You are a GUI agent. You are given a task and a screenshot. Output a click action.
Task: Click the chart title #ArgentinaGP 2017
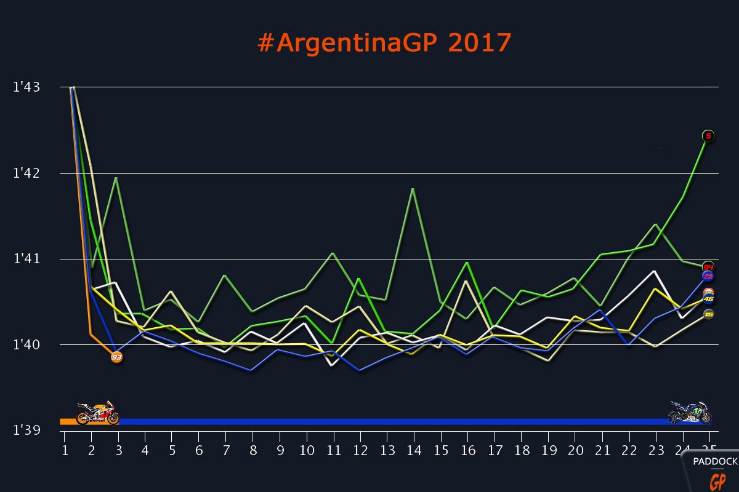(x=384, y=43)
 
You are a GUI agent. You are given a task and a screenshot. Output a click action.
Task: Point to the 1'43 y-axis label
(x=26, y=87)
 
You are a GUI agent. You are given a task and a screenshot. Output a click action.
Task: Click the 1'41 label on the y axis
(x=26, y=259)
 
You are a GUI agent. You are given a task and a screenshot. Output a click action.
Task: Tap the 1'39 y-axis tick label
(x=26, y=430)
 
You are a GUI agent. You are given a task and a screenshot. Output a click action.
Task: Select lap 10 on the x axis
(x=306, y=450)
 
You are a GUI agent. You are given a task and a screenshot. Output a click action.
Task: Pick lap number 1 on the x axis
(x=64, y=450)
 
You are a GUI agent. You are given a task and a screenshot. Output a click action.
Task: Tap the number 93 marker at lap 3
(x=116, y=357)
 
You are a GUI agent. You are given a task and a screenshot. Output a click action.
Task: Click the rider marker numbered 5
(x=708, y=136)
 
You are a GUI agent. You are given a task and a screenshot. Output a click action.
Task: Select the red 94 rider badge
(x=708, y=267)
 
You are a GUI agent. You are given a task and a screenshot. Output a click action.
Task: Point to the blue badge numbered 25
(x=708, y=276)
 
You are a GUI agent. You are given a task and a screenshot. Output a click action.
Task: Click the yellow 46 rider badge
(x=708, y=300)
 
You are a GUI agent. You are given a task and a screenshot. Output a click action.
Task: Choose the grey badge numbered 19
(x=708, y=314)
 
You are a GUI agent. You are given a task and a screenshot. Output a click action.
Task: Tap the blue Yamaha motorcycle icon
(x=690, y=413)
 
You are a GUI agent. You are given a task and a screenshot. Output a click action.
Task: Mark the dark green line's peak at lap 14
(x=413, y=189)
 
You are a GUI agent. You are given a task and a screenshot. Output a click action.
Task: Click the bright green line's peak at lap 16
(x=467, y=263)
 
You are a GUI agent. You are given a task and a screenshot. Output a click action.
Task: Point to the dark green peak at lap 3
(x=116, y=178)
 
